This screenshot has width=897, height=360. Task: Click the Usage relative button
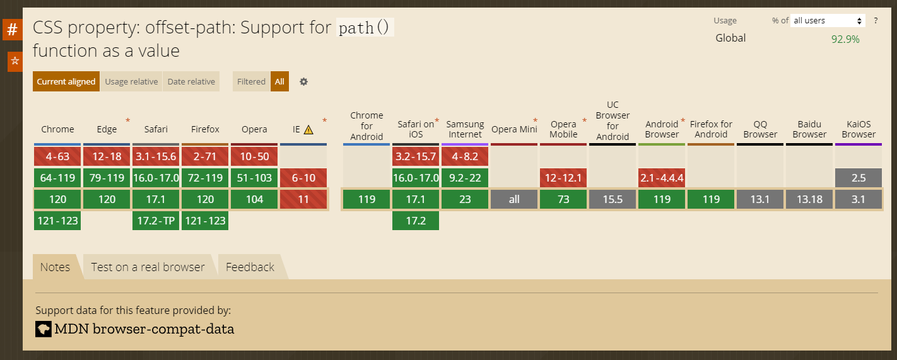coord(131,81)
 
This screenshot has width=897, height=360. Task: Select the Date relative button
coord(191,81)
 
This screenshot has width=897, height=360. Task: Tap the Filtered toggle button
coord(251,81)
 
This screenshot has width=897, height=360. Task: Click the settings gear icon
coord(303,81)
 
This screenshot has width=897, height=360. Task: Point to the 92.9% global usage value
coord(845,39)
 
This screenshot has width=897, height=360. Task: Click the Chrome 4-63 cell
coord(57,156)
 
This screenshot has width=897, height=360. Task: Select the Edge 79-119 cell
coord(107,178)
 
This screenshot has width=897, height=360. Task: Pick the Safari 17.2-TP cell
coord(156,221)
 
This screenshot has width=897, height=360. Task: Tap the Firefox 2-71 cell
coord(205,156)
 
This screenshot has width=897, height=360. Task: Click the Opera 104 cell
coord(254,199)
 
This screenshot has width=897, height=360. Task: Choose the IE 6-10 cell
coord(303,178)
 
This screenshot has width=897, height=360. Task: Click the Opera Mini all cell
coord(514,199)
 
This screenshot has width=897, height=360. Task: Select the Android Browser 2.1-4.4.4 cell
coord(662,178)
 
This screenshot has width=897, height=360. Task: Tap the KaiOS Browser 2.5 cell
coord(859,178)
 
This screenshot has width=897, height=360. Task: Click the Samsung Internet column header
coord(465,129)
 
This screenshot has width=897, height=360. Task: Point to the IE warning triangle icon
coord(308,130)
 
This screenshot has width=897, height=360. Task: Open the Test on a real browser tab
coord(148,267)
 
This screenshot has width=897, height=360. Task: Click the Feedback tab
coord(250,267)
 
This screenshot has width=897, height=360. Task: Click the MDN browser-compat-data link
coord(144,328)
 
